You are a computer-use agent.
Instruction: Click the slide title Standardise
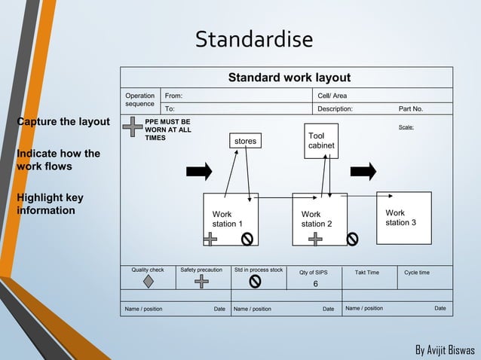click(x=254, y=39)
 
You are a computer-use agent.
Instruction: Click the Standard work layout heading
click(x=290, y=78)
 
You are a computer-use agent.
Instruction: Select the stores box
click(x=245, y=141)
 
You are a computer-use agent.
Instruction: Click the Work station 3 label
click(x=400, y=218)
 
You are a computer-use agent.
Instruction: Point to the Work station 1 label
click(x=227, y=219)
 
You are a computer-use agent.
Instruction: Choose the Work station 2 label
click(x=317, y=219)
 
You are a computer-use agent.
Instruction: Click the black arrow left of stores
click(x=199, y=171)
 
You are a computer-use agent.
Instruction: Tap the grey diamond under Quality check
click(x=148, y=282)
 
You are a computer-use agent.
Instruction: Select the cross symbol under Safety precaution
click(x=201, y=282)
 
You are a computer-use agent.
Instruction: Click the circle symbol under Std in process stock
click(x=255, y=282)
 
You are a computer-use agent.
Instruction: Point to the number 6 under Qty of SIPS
click(x=316, y=284)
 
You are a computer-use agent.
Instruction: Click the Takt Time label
click(x=367, y=272)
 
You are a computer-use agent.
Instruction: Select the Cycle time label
click(x=417, y=272)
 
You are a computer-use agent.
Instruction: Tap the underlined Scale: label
click(x=406, y=127)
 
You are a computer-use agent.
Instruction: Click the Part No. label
click(x=411, y=108)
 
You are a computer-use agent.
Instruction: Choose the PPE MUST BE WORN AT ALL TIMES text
click(x=167, y=130)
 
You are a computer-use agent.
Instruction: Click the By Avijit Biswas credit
click(x=445, y=351)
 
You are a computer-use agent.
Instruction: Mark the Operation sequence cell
click(x=140, y=100)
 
